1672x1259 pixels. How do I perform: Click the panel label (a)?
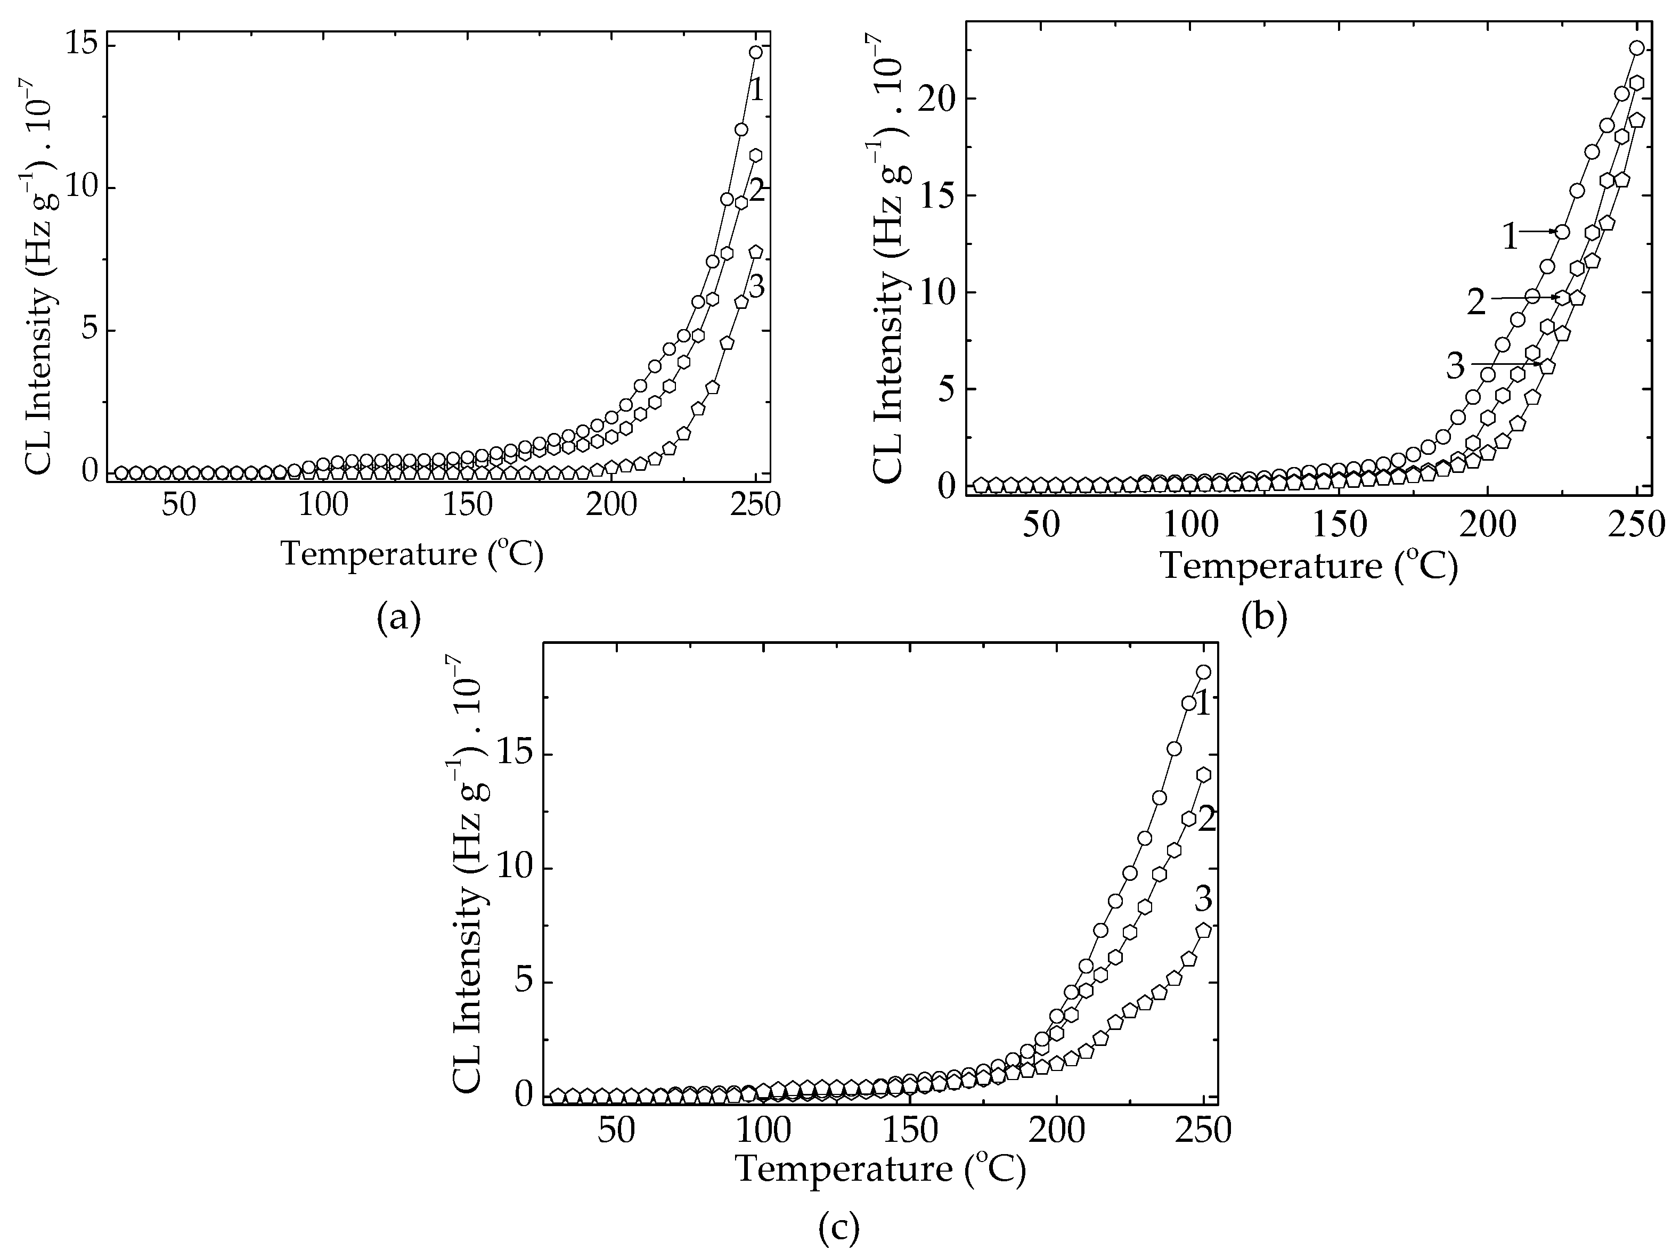398,619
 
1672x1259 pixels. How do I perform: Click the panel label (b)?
1264,619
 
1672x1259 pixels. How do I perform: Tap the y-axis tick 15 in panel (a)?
81,45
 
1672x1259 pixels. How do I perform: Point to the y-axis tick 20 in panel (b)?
937,99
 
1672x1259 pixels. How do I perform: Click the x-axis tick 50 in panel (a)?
179,505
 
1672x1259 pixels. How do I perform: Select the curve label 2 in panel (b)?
1476,303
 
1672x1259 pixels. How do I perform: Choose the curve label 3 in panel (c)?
1203,900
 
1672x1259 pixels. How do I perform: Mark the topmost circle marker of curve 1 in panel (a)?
756,52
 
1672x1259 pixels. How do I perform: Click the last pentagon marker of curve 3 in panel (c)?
1203,930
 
